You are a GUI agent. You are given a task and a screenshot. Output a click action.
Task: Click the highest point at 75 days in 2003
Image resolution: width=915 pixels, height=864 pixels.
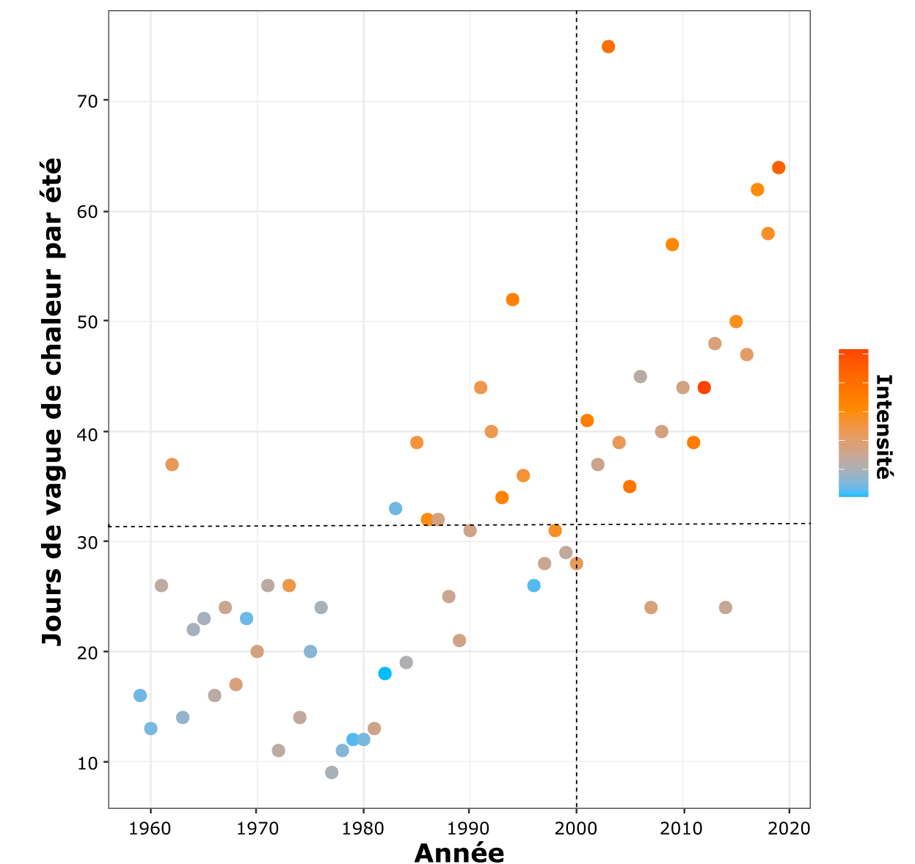tap(608, 47)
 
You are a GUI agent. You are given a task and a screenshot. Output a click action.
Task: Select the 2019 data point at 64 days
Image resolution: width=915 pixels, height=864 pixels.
tap(779, 168)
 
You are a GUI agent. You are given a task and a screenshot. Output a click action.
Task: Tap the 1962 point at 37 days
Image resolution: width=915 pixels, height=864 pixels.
tap(172, 464)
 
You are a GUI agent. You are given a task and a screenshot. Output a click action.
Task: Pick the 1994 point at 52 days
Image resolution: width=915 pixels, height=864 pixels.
tap(512, 299)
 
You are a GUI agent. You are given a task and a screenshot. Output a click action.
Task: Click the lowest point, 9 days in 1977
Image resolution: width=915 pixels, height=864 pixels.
tap(332, 772)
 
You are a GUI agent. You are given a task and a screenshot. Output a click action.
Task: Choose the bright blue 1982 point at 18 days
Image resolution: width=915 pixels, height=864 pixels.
tap(384, 673)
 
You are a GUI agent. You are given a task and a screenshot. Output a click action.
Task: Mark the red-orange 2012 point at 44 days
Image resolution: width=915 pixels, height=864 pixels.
tap(704, 387)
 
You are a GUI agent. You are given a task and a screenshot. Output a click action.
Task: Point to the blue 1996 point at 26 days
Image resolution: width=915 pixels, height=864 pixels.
tap(533, 585)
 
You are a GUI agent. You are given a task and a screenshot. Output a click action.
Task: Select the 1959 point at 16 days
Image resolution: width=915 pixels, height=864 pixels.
tap(140, 695)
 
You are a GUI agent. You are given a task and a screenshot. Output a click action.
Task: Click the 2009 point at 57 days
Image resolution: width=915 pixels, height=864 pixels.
tap(672, 244)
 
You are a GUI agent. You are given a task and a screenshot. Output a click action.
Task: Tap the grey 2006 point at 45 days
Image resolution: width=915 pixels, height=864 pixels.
tap(640, 376)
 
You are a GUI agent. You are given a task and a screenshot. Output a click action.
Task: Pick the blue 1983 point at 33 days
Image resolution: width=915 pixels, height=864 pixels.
tap(395, 508)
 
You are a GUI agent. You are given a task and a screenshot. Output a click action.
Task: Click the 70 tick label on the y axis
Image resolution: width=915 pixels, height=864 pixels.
tap(87, 101)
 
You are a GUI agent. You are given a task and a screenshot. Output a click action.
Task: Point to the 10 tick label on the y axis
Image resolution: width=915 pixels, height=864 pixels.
tap(87, 764)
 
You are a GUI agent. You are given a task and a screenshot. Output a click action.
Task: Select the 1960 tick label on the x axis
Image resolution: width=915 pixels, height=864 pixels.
tap(150, 829)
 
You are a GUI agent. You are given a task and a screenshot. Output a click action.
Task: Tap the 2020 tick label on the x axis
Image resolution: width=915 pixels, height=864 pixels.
tap(789, 829)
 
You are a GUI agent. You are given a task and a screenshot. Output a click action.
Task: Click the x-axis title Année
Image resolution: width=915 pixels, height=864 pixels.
tap(459, 853)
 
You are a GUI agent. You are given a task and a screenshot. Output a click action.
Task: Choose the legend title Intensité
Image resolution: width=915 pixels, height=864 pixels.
tap(883, 427)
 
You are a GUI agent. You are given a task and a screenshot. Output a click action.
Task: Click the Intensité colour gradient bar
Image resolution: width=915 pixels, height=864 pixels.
tap(853, 423)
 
